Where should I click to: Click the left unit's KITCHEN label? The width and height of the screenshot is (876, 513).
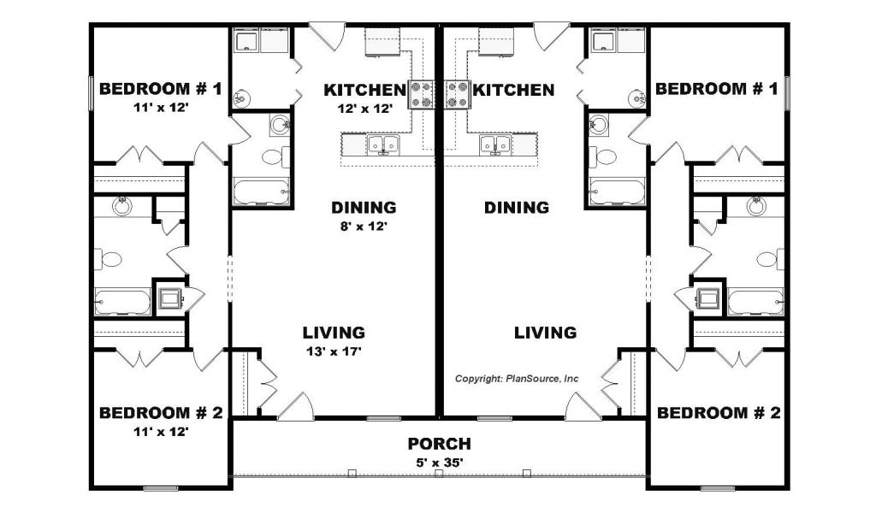click(x=364, y=90)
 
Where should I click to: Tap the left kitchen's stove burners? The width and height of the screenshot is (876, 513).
click(x=422, y=94)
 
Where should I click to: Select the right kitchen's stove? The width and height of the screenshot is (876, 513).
click(x=457, y=94)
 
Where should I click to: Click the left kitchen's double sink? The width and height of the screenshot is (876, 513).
click(x=382, y=145)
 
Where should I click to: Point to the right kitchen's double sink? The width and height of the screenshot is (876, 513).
click(x=495, y=145)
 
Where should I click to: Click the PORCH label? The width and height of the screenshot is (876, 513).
click(x=439, y=444)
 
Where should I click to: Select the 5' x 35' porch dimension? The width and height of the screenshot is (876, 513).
click(x=440, y=463)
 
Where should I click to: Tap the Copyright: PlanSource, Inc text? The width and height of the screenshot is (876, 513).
click(x=516, y=379)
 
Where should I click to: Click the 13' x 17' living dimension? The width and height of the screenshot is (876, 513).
click(x=334, y=351)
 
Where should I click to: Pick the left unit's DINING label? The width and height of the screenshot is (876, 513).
click(x=364, y=208)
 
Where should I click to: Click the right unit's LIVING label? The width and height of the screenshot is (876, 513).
click(x=545, y=333)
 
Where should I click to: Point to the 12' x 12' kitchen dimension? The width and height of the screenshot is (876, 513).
click(x=364, y=109)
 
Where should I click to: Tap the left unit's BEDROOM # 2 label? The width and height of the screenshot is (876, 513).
click(x=161, y=413)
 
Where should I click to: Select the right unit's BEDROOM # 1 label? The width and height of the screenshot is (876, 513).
click(x=716, y=89)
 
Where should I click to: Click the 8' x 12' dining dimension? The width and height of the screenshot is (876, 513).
click(x=364, y=227)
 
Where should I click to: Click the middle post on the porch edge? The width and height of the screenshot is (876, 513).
click(x=439, y=474)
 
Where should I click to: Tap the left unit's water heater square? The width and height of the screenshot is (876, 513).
click(x=169, y=298)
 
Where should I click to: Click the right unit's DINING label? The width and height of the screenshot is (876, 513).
click(x=516, y=208)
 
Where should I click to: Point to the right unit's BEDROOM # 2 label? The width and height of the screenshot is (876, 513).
click(x=719, y=413)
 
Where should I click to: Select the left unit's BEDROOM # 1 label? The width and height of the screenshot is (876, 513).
click(x=160, y=89)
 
